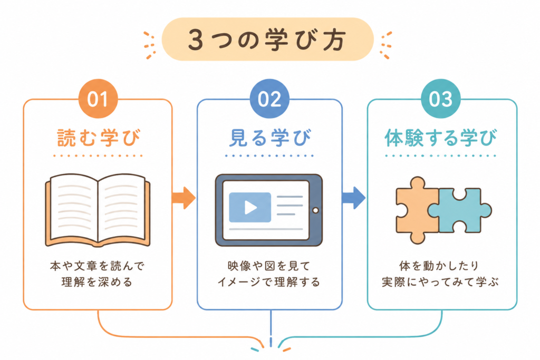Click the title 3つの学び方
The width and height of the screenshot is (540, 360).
pyautogui.click(x=267, y=40)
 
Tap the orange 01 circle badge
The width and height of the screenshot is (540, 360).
pyautogui.click(x=98, y=99)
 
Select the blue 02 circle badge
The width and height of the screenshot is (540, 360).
pyautogui.click(x=269, y=99)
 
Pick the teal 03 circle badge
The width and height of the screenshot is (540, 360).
pyautogui.click(x=441, y=99)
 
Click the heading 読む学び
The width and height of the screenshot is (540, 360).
pyautogui.click(x=99, y=138)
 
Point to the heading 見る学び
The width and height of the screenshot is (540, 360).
pyautogui.click(x=269, y=138)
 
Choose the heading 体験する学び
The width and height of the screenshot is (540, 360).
pyautogui.click(x=441, y=138)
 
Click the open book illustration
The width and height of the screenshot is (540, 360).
pyautogui.click(x=98, y=210)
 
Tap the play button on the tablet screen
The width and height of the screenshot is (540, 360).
pyautogui.click(x=250, y=207)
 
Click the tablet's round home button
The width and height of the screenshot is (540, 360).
pyautogui.click(x=315, y=210)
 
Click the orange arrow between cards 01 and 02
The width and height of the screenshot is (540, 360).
pyautogui.click(x=184, y=198)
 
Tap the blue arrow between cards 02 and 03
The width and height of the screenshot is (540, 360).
pyautogui.click(x=354, y=198)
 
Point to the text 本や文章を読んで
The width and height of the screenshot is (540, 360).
pyautogui.click(x=98, y=266)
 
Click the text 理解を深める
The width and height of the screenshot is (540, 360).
pyautogui.click(x=98, y=282)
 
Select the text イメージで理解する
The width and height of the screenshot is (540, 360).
pyautogui.click(x=269, y=282)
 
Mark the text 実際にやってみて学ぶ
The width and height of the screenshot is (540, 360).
pyautogui.click(x=440, y=282)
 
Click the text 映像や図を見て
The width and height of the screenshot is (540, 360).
pyautogui.click(x=269, y=266)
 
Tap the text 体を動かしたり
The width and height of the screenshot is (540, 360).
pyautogui.click(x=439, y=266)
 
